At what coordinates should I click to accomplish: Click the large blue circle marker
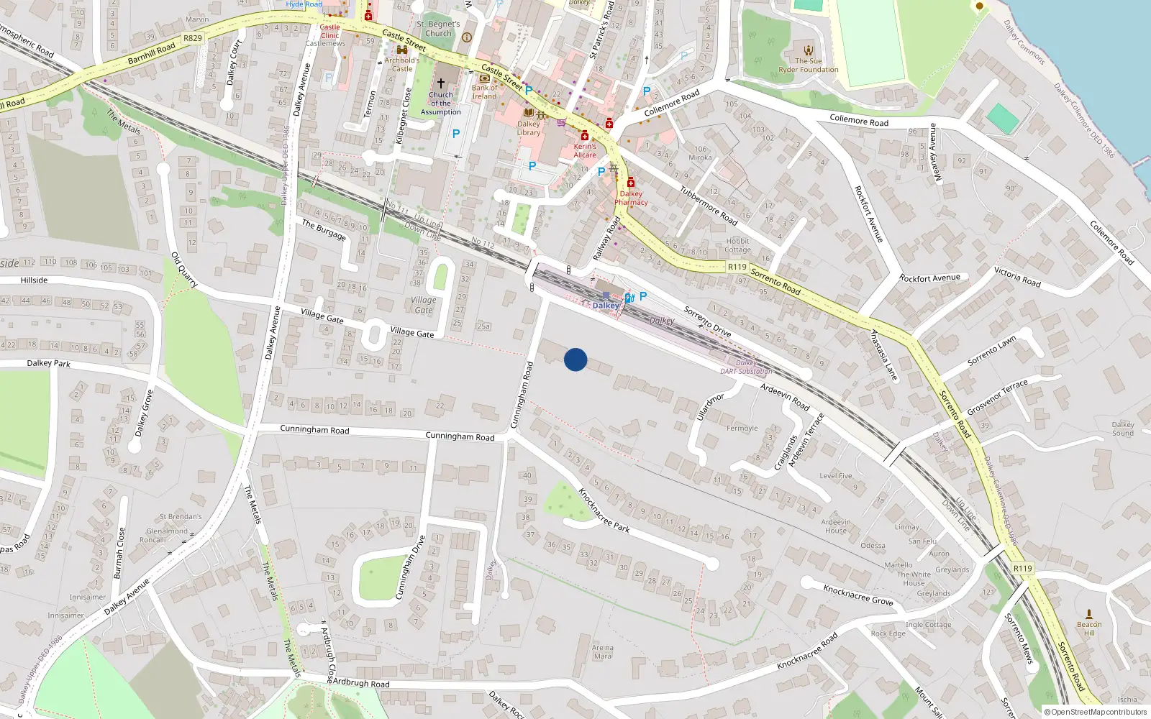click(x=575, y=359)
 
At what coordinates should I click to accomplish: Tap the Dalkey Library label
click(x=529, y=128)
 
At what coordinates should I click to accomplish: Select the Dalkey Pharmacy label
click(x=631, y=198)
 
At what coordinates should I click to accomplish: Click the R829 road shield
click(x=193, y=38)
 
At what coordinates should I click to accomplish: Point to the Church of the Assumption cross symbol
click(x=441, y=83)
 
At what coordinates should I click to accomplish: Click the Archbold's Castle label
click(x=402, y=65)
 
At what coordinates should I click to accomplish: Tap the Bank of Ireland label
click(x=484, y=92)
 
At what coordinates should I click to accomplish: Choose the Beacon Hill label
click(x=1089, y=628)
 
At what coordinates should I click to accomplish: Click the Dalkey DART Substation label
click(x=746, y=367)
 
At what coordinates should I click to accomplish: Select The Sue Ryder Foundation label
click(x=809, y=65)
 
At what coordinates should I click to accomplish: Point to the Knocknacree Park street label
click(x=604, y=510)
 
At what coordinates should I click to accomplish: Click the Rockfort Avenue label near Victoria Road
click(x=929, y=278)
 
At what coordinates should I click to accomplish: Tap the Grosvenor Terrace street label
click(x=997, y=398)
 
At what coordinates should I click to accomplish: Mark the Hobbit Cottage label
click(x=738, y=245)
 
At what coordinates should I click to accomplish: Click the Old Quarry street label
click(x=184, y=270)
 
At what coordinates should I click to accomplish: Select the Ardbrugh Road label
click(x=361, y=683)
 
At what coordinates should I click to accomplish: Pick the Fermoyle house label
click(x=742, y=429)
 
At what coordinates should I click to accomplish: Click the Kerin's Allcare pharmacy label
click(x=585, y=150)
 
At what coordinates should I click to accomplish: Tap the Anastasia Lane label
click(x=884, y=355)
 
